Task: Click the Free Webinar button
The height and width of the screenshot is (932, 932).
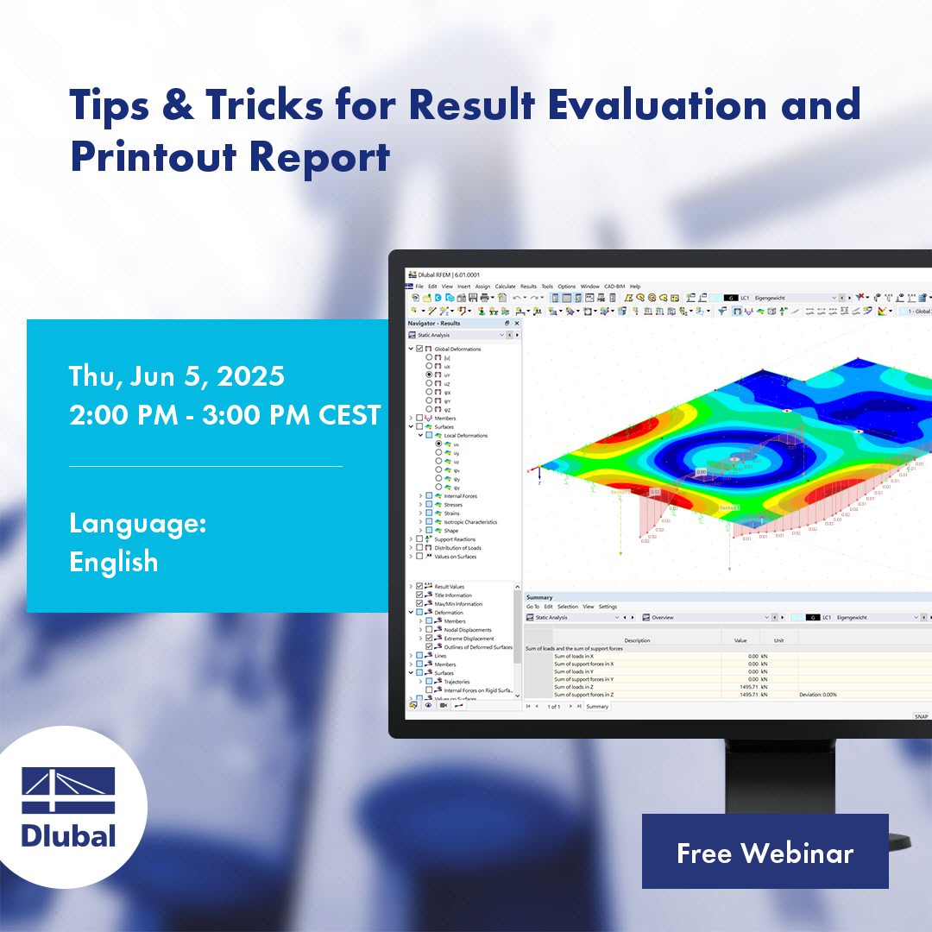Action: click(765, 852)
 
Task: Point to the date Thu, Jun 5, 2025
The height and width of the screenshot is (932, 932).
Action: click(177, 376)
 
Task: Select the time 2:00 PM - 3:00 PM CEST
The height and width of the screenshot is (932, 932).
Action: click(224, 415)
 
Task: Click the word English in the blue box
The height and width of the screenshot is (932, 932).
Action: click(114, 562)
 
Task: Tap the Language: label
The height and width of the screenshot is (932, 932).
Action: click(137, 524)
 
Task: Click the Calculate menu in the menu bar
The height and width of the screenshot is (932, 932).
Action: click(505, 287)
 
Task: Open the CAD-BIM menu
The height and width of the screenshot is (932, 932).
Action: click(614, 287)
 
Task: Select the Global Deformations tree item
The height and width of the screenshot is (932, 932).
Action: click(457, 349)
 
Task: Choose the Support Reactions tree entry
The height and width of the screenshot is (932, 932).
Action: click(455, 539)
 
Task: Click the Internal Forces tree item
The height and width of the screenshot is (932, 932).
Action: click(460, 496)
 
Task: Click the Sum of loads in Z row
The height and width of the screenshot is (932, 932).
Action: click(573, 687)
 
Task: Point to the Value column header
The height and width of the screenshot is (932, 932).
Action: click(740, 640)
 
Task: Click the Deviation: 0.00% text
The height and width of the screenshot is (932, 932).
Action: click(817, 694)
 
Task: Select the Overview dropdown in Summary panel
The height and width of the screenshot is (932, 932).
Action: click(703, 618)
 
